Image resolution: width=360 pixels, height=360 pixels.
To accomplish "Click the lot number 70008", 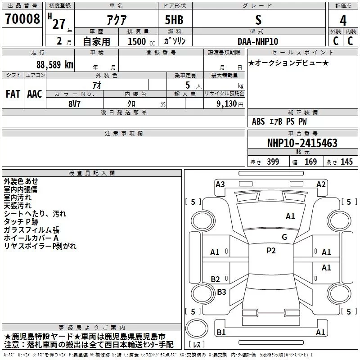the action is (x=22, y=19).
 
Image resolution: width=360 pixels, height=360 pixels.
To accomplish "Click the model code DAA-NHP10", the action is (x=258, y=41).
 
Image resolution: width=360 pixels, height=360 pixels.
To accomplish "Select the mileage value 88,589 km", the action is (x=55, y=64).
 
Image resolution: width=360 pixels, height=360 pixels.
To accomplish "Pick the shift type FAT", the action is (x=13, y=94).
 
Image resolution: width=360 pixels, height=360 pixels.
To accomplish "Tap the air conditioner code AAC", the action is (x=35, y=94).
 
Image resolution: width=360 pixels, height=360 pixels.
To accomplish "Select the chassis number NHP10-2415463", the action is (x=302, y=143).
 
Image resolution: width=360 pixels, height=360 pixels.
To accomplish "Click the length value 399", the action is (x=273, y=162).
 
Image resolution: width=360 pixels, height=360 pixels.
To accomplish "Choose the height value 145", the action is (x=346, y=162).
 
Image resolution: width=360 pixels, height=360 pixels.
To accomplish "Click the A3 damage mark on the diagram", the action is (x=220, y=184).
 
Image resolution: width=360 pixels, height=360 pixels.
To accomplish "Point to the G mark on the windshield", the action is (x=284, y=237).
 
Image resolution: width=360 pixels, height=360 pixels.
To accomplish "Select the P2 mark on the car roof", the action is (x=271, y=251).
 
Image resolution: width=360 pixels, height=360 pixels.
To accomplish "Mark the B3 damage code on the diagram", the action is (x=221, y=292).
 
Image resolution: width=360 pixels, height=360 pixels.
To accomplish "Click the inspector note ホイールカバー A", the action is (x=31, y=238).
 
